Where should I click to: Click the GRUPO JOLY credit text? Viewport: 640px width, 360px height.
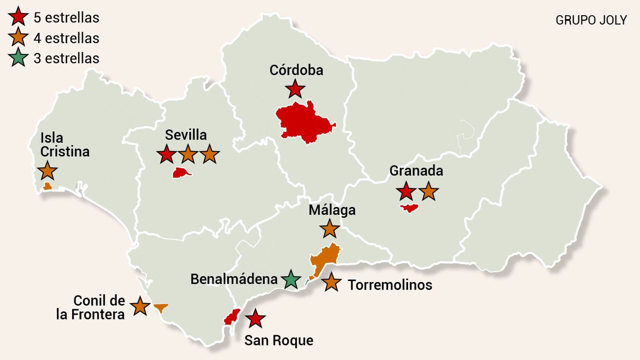(x=591, y=20)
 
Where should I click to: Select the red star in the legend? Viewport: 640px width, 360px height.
(x=18, y=17)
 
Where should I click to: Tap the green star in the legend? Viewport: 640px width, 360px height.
(x=18, y=58)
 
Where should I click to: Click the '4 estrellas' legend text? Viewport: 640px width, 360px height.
(x=66, y=38)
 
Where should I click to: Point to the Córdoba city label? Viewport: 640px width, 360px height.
(x=296, y=70)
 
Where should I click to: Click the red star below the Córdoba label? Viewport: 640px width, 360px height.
(x=295, y=89)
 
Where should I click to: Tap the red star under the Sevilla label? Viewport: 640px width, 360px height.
(x=166, y=154)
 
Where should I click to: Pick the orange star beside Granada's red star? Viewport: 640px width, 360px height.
(x=428, y=191)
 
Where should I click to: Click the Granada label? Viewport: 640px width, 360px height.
(x=416, y=171)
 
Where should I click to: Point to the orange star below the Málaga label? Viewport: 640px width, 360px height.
(x=330, y=229)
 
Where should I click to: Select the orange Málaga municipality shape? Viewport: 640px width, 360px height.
(x=325, y=258)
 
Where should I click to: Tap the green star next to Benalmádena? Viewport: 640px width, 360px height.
(x=291, y=280)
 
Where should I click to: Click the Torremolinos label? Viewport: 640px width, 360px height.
(x=390, y=285)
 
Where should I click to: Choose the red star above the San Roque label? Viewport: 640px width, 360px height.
(x=255, y=319)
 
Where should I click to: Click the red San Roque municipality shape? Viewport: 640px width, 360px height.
(x=232, y=316)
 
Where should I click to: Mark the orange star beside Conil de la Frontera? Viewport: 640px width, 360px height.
(x=140, y=306)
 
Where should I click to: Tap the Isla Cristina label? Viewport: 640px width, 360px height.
(x=64, y=144)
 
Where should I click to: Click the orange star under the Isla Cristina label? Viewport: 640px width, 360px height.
(x=48, y=171)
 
